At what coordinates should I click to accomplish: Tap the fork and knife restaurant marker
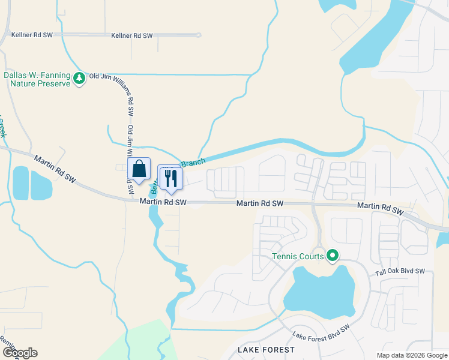click(170, 178)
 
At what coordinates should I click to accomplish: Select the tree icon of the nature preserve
click(79, 78)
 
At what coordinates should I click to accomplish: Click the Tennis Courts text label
click(298, 257)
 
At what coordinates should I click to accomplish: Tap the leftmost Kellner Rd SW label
click(32, 35)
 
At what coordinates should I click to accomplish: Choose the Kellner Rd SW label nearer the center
click(132, 36)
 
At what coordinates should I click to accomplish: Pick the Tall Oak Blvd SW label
click(399, 272)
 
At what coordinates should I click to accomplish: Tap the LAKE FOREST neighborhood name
click(266, 349)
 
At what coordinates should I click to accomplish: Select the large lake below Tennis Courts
click(317, 294)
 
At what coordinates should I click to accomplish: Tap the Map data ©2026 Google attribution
click(411, 355)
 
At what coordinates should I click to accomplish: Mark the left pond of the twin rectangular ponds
click(20, 183)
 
